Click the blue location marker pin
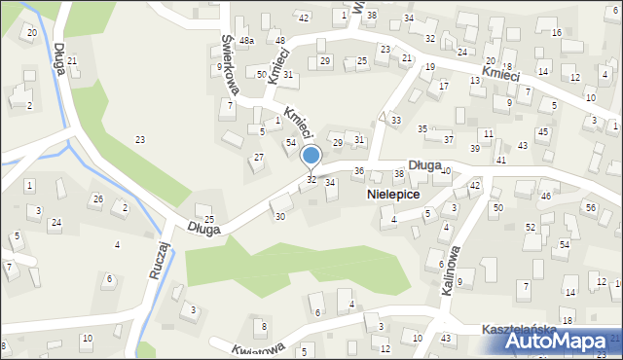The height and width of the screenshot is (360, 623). [311, 156]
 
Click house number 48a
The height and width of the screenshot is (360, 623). [247, 41]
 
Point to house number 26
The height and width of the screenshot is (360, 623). [95, 199]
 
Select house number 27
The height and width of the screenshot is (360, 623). [259, 157]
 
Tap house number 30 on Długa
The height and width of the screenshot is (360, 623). [280, 216]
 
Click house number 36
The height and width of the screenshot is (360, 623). [358, 171]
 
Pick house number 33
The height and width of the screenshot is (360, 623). [395, 120]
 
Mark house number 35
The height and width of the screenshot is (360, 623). [422, 128]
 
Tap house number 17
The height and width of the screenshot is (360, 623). [444, 86]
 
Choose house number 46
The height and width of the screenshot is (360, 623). [546, 197]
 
